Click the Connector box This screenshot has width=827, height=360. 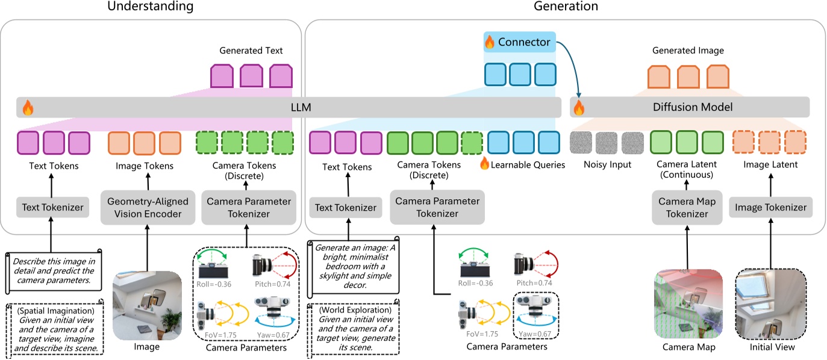coord(519,42)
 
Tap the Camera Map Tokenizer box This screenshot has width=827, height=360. coord(687,208)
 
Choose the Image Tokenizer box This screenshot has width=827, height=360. coord(770,208)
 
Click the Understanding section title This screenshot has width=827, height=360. coord(150,7)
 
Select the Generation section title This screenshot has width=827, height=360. coord(566,7)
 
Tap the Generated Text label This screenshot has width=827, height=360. coord(251,51)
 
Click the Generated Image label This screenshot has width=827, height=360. coord(688,51)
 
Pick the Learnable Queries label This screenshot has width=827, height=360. coord(528,164)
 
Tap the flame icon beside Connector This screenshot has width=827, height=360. coord(490,42)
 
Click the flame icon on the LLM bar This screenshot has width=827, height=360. coord(27,108)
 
